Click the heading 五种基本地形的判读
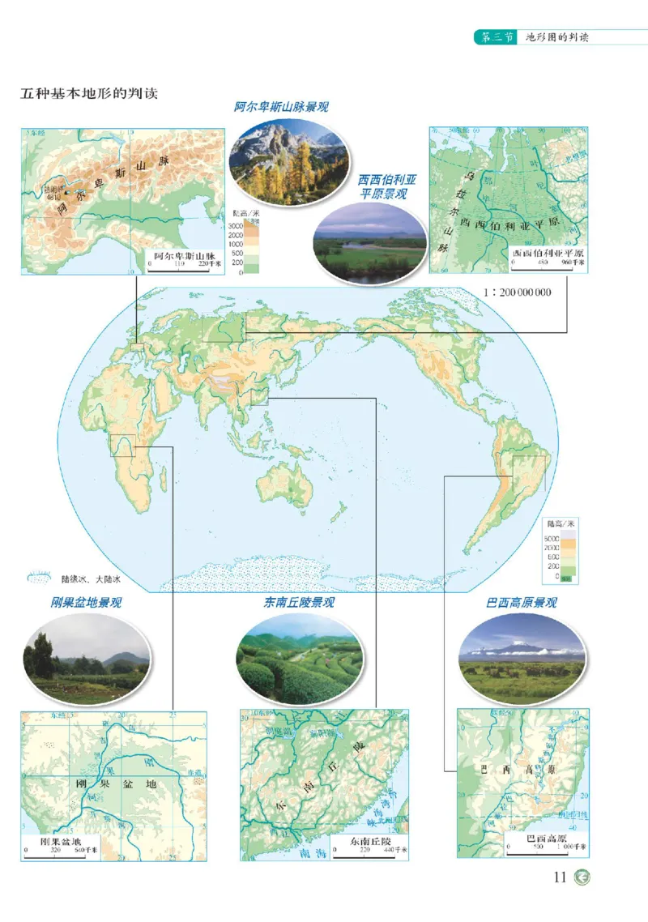89,92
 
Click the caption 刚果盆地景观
86,603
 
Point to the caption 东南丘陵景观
299,603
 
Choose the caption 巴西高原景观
521,603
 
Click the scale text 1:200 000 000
515,292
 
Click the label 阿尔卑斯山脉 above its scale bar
185,254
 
